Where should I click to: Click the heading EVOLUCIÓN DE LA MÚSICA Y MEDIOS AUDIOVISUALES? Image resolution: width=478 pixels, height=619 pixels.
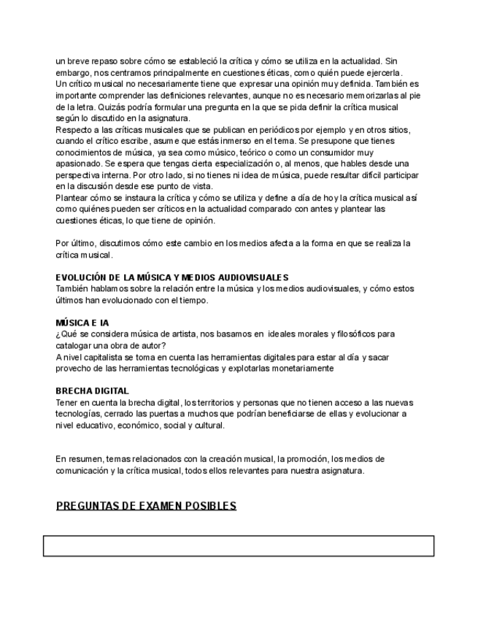(x=172, y=277)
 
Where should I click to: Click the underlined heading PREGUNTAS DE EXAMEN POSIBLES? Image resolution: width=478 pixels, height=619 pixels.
(x=146, y=506)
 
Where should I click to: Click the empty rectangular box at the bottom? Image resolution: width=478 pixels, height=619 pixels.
(x=238, y=546)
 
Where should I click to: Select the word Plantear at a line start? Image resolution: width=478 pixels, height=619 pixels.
(x=72, y=199)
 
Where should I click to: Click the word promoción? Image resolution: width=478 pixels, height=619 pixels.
(x=304, y=459)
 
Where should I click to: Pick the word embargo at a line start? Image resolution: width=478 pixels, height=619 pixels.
(x=74, y=73)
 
